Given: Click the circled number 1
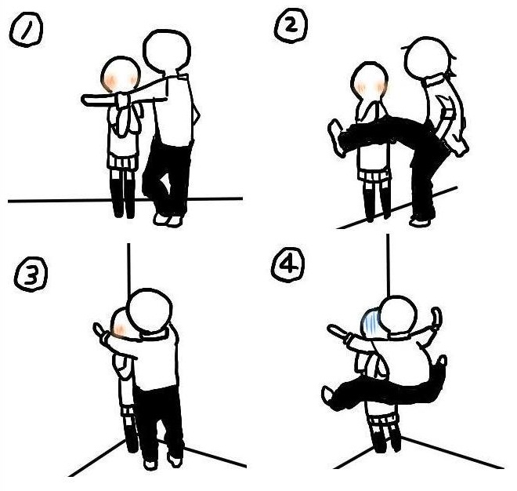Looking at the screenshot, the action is click(26, 29).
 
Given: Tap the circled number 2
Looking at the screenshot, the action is click(291, 25).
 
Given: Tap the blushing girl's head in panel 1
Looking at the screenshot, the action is click(121, 75).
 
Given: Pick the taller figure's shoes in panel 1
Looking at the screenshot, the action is click(168, 220).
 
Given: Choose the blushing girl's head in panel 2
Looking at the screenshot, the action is click(369, 81).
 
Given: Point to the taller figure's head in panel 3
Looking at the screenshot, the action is click(150, 311).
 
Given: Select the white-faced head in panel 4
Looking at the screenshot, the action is click(398, 316).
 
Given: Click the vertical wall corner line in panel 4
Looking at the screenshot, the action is click(389, 265).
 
